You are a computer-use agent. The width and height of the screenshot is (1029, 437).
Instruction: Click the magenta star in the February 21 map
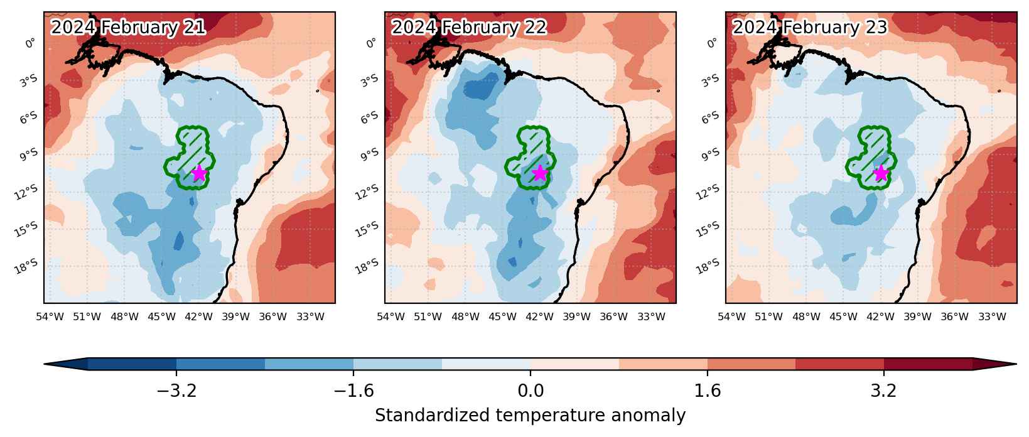pos(198,173)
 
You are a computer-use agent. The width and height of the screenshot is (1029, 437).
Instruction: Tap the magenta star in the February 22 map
pos(540,173)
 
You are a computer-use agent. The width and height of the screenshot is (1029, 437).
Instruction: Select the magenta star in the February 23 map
pos(881,173)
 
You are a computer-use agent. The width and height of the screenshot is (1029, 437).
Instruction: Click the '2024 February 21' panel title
pos(128,27)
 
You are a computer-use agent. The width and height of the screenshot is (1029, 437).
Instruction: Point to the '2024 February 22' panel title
pos(469,27)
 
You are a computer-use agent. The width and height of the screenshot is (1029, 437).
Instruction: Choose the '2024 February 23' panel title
pos(810,27)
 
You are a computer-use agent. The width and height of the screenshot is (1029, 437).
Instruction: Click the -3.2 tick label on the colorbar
pos(177,391)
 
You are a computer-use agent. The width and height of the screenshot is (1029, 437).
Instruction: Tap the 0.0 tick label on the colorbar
pos(531,391)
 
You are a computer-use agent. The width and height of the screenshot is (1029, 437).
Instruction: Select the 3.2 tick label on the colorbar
pos(883,391)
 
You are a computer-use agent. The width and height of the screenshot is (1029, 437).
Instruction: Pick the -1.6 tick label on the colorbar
pos(353,391)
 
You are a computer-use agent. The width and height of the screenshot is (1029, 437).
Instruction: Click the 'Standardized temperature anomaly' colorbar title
pos(530,416)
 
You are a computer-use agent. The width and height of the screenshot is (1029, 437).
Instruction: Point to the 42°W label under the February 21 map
pos(198,316)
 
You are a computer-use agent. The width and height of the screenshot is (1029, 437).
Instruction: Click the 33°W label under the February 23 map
pos(992,316)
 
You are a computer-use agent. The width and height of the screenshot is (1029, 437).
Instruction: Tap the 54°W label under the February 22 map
pos(391,316)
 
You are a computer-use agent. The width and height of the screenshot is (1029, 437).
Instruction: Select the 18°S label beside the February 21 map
pos(26,266)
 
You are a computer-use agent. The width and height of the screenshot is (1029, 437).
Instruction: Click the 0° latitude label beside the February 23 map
pos(711,43)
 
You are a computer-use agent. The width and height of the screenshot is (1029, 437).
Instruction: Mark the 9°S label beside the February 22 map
pos(369,155)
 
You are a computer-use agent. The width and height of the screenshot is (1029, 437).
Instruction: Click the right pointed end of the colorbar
pos(1016,364)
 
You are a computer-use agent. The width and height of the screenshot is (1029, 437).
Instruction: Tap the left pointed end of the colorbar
pos(45,364)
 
